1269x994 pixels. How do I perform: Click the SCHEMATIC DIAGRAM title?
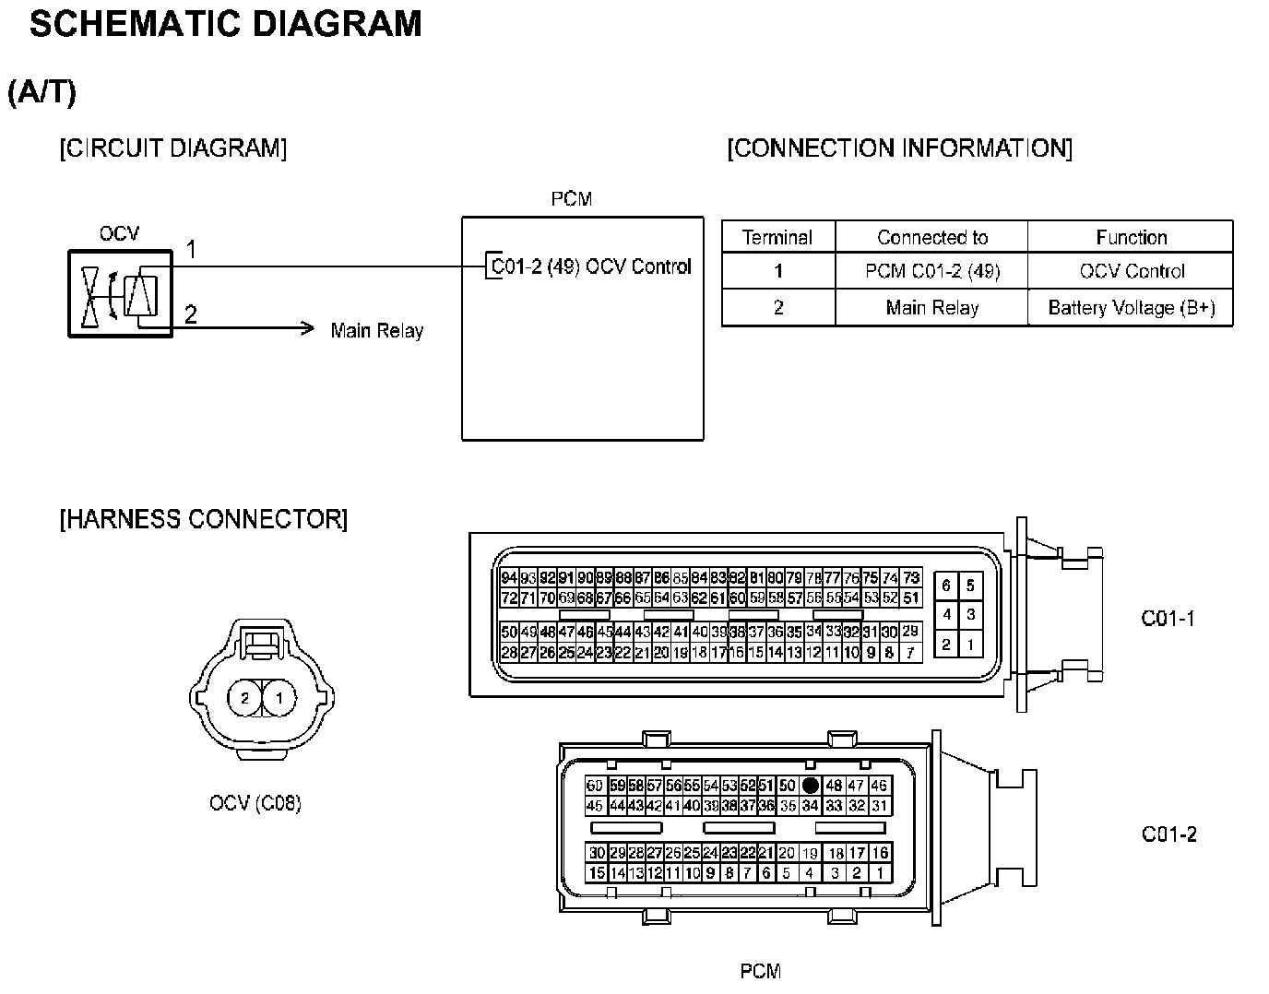point(225,25)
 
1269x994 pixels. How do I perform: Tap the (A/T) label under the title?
point(42,92)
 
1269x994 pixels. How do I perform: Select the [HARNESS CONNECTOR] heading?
point(203,519)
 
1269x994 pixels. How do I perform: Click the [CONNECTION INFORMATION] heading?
point(899,148)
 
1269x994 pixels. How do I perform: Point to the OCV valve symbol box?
point(120,293)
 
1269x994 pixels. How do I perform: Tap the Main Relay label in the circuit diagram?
point(376,330)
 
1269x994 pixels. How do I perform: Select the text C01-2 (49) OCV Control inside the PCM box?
point(590,266)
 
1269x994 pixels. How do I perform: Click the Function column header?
point(1131,237)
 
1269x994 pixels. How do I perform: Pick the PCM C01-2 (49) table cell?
point(931,271)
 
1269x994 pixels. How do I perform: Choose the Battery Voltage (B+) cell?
point(1131,308)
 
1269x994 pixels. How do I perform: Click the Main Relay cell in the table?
point(931,308)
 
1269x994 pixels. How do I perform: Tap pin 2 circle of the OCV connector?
point(244,698)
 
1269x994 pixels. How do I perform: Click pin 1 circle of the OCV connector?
point(279,698)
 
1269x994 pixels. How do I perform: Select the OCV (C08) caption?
point(255,803)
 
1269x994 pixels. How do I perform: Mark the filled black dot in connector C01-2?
point(810,786)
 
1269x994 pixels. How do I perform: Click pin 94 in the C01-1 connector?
point(509,578)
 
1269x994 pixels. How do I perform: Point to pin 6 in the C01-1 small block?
point(946,586)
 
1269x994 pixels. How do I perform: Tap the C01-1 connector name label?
point(1168,619)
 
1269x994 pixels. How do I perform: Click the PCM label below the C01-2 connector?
point(761,971)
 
